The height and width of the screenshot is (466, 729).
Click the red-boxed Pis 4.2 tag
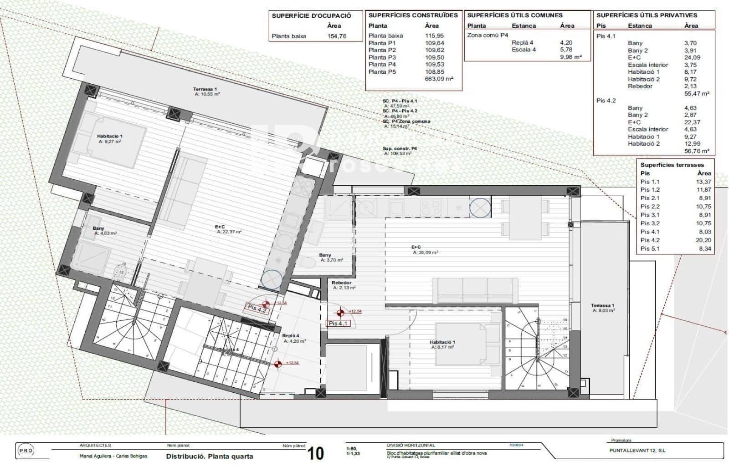pos(257,308)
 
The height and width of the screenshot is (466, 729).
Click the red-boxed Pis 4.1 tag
pos(339,324)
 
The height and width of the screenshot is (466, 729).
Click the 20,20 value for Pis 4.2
pos(704,240)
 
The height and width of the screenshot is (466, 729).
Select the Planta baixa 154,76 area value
pos(337,36)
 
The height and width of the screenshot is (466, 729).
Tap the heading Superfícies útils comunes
pos(515,15)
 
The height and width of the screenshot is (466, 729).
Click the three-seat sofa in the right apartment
pos(475,290)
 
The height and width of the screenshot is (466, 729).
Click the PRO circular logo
pos(25,451)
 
